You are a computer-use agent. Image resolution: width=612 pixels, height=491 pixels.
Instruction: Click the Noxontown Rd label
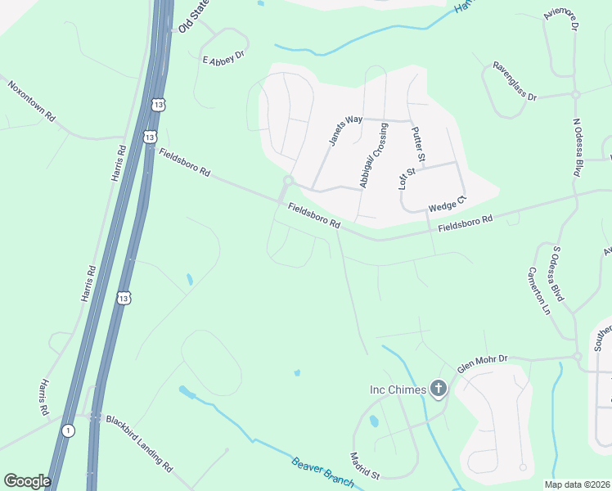coord(31,101)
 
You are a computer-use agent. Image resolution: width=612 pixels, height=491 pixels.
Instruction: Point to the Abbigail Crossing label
coord(372,156)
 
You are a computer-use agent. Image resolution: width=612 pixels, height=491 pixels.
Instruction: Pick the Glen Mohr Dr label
coord(483,363)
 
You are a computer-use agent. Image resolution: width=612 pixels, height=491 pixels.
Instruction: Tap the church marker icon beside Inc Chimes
coord(439,389)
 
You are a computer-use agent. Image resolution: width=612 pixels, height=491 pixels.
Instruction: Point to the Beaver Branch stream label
coord(322,473)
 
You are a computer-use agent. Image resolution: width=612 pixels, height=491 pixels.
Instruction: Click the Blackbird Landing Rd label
coord(139,444)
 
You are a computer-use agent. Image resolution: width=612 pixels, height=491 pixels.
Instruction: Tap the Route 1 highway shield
coord(68,430)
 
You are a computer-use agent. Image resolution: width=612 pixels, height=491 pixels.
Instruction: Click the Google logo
coord(27,481)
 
